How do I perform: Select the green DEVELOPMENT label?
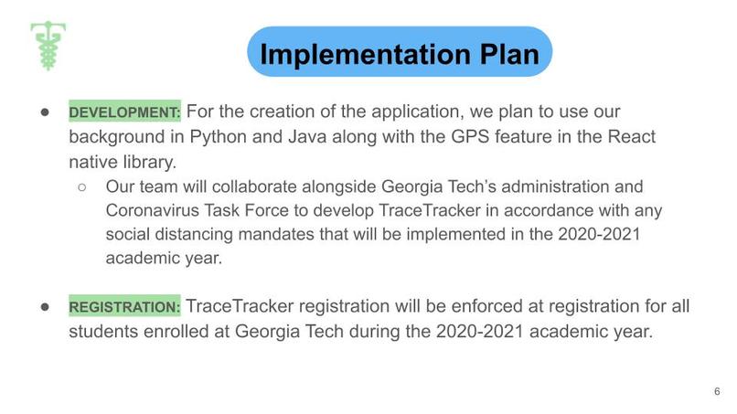point(125,112)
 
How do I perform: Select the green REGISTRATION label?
point(125,306)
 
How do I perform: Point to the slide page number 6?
point(717,391)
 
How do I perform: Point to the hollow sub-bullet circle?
point(82,186)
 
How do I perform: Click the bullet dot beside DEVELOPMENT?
point(44,112)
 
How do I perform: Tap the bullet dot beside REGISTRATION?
point(44,306)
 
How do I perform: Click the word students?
point(104,331)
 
